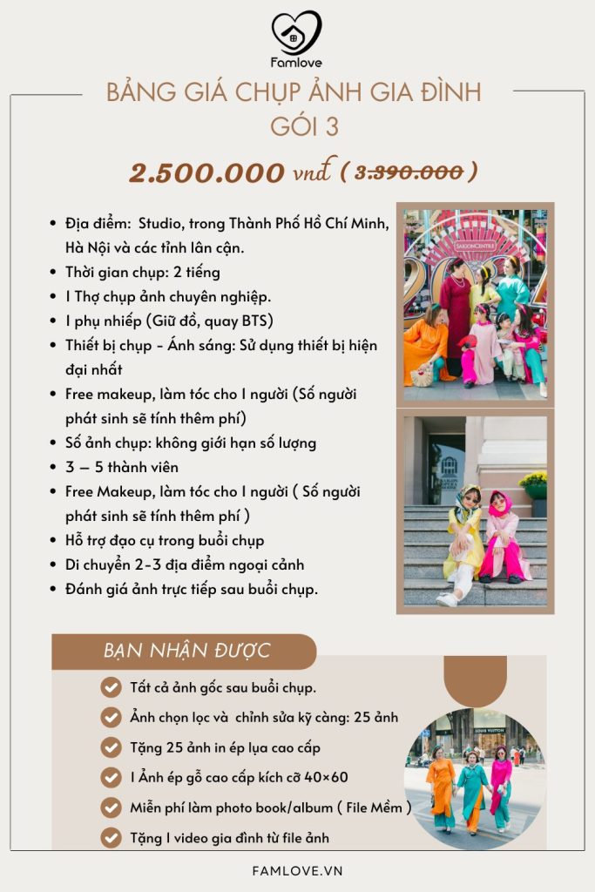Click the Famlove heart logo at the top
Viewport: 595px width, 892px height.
click(296, 32)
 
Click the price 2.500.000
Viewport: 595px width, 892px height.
click(206, 172)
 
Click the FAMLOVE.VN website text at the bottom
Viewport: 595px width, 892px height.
click(297, 869)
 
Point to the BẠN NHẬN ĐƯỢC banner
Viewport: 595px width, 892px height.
click(186, 650)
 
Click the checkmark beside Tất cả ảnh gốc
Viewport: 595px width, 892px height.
click(111, 687)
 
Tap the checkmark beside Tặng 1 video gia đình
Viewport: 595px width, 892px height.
click(111, 838)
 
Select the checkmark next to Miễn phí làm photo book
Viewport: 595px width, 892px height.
click(111, 808)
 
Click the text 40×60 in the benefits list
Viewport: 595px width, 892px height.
click(329, 777)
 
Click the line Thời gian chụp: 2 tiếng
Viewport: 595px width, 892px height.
click(143, 273)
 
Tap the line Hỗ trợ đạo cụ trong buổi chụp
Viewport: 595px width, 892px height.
click(164, 540)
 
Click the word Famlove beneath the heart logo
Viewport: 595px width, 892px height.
click(296, 64)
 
